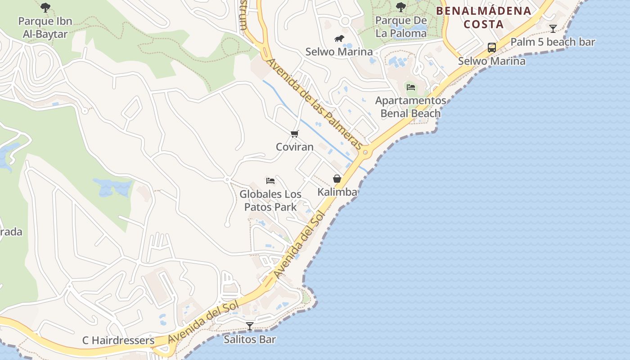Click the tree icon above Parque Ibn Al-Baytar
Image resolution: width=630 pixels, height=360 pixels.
click(45, 7)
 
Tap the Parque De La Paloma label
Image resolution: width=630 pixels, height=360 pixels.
click(401, 27)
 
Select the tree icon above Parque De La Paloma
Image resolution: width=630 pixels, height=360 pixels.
click(400, 7)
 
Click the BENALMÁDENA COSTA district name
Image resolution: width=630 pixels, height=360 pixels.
click(484, 18)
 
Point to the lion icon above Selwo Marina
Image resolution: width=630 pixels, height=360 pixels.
click(339, 39)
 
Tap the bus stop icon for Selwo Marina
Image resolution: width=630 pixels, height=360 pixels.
click(492, 48)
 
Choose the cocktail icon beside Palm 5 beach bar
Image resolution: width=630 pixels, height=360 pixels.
click(553, 29)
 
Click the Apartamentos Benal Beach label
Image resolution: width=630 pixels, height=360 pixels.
click(410, 107)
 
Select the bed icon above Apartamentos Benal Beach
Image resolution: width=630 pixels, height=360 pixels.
click(410, 87)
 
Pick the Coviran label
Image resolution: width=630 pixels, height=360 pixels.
click(294, 147)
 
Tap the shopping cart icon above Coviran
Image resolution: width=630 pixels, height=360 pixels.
click(294, 134)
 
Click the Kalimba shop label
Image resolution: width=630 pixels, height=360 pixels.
click(337, 192)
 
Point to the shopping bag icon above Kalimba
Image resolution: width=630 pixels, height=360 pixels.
click(337, 179)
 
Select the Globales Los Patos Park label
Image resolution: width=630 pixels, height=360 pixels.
click(270, 201)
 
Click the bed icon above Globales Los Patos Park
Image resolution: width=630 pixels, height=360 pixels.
click(270, 181)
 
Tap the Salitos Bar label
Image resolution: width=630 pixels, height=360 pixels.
click(250, 339)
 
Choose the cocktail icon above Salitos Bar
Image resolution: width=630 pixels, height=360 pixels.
click(250, 326)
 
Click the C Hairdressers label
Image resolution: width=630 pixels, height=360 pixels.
click(118, 340)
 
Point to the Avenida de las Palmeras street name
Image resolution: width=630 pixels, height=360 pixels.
click(315, 104)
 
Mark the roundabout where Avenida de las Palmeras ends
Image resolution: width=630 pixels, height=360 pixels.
click(365, 153)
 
